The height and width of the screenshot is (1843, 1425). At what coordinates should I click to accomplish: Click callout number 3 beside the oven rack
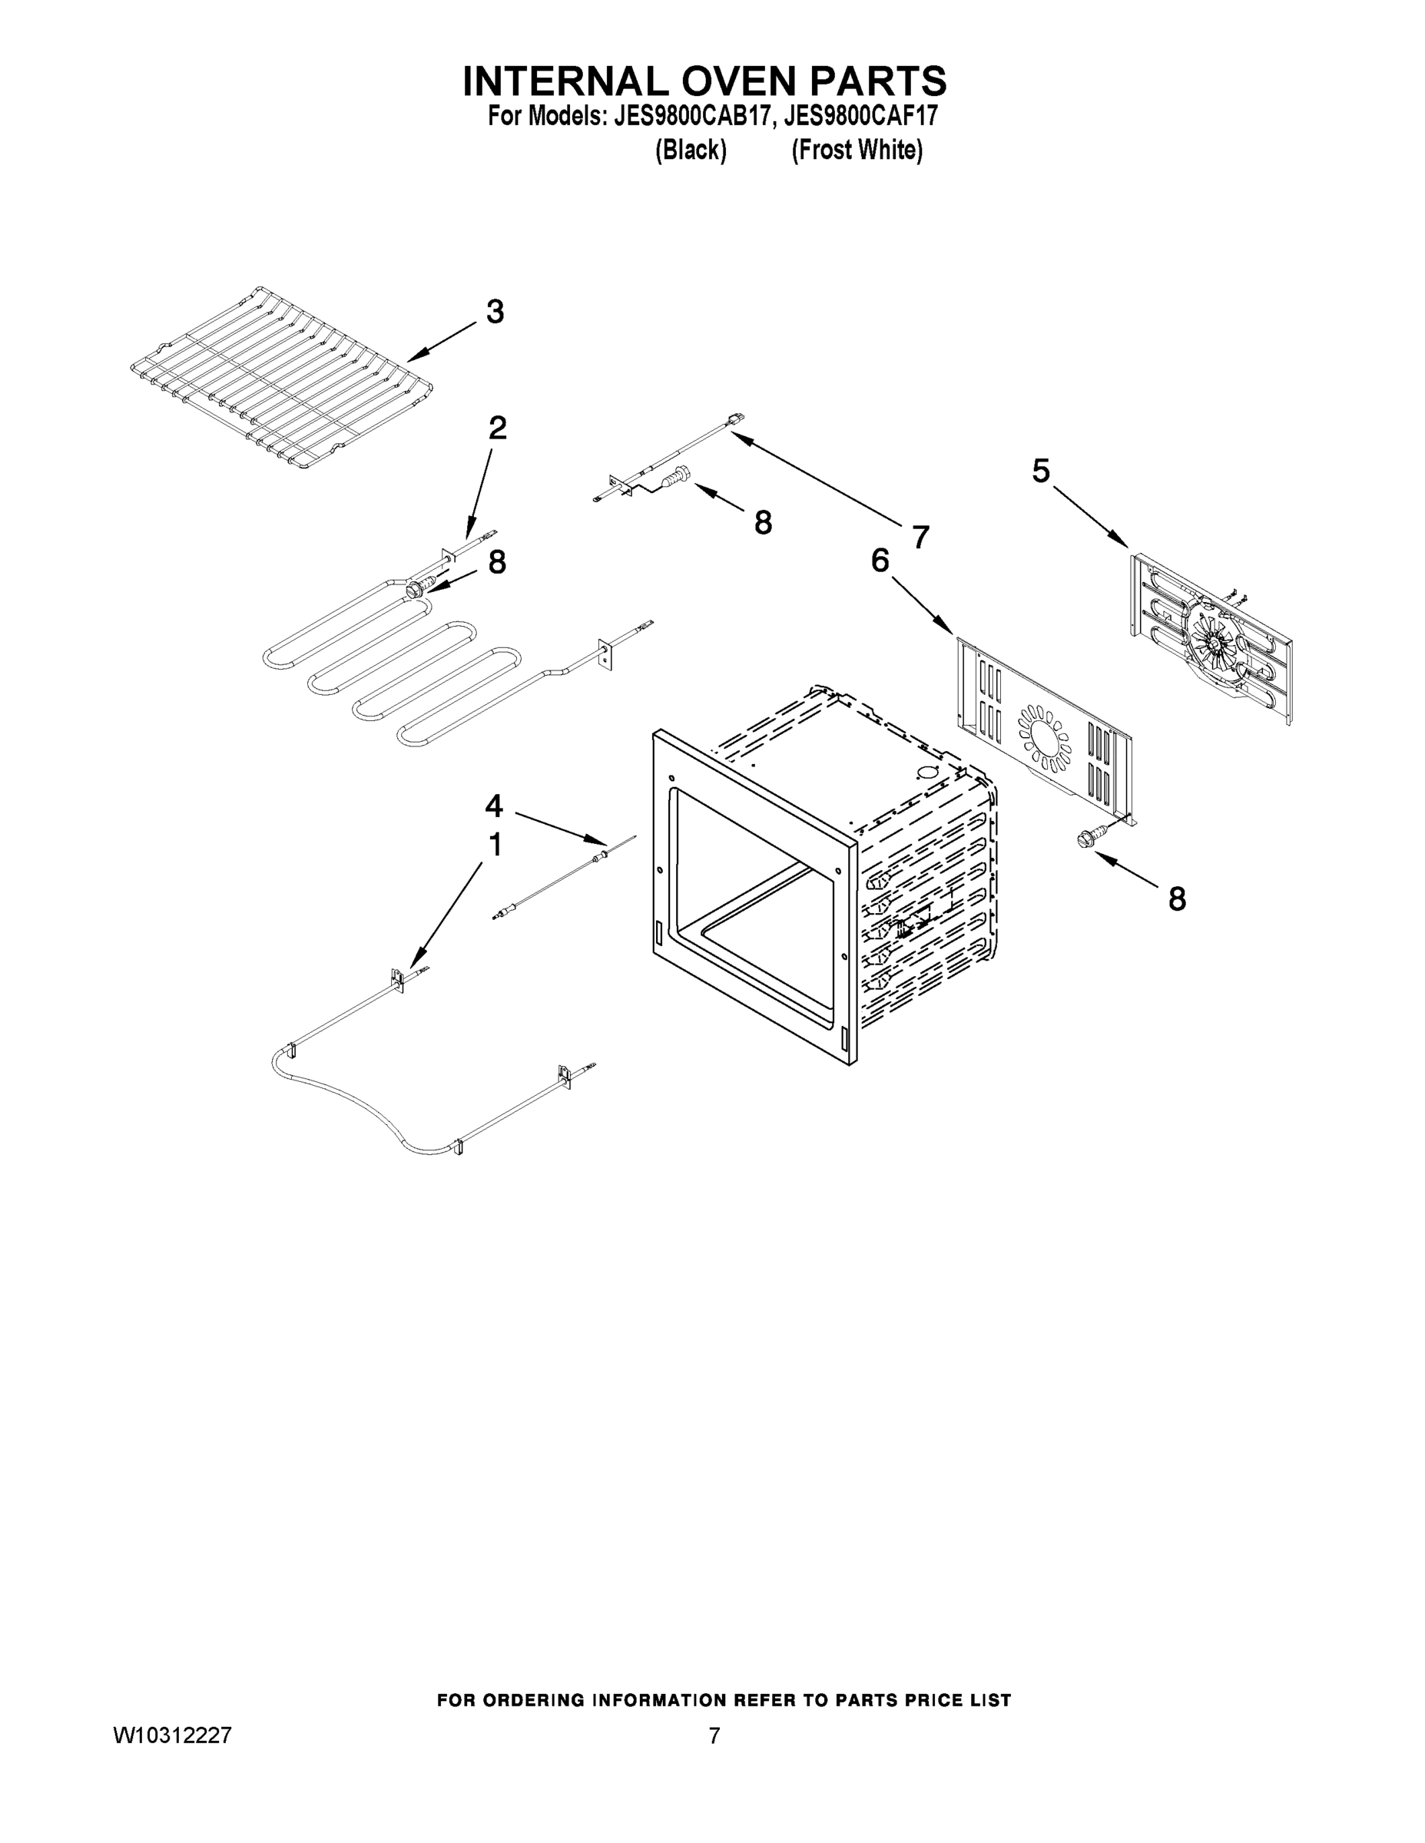click(495, 313)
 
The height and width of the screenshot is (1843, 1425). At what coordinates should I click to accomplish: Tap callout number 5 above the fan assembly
click(1041, 471)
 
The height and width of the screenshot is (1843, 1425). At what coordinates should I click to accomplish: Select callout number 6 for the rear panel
click(880, 560)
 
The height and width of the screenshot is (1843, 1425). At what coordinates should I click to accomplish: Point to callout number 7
click(920, 537)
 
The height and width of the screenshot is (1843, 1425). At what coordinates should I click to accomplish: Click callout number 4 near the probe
click(494, 807)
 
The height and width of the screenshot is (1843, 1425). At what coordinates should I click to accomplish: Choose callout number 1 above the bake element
click(495, 845)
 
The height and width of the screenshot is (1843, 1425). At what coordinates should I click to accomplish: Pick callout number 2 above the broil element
click(497, 428)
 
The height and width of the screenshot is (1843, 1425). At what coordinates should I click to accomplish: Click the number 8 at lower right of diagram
click(1177, 899)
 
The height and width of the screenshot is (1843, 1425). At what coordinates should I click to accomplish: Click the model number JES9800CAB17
click(691, 116)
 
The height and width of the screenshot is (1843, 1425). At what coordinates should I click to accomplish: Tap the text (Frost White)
click(856, 151)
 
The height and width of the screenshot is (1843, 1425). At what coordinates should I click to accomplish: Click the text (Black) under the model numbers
click(690, 151)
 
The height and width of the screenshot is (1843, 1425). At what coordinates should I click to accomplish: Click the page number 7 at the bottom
click(714, 1735)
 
